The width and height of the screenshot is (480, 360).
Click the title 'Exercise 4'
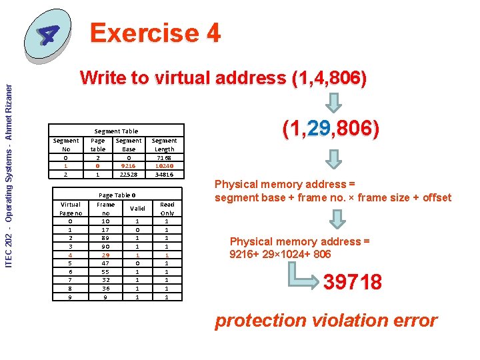pos(155,33)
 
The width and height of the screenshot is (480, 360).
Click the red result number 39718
pos(353,282)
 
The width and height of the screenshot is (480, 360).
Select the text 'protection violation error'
pos(325,321)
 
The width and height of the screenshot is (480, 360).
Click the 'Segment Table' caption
pos(116,131)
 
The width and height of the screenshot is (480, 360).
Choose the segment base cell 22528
pos(128,175)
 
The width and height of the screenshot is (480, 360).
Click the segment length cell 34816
pos(164,175)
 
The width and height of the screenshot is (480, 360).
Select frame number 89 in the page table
pos(105,237)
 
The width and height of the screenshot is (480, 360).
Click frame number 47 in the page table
pos(105,263)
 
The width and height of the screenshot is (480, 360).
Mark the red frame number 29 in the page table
pos(105,254)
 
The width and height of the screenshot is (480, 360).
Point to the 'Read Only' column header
pos(167,208)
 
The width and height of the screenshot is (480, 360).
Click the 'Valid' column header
pos(137,208)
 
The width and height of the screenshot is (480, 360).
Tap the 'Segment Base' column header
pos(128,145)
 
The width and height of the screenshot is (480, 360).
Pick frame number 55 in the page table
pos(105,271)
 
